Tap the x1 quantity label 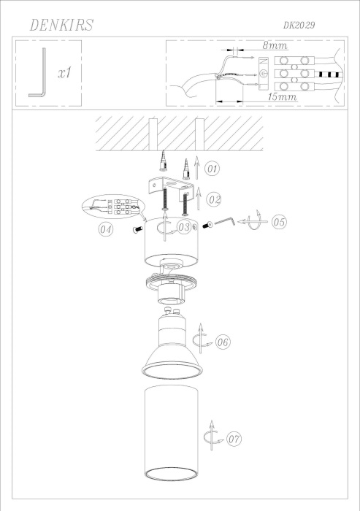(64, 73)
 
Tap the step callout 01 (211, 170)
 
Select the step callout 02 (212, 198)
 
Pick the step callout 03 (185, 228)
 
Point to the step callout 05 (278, 223)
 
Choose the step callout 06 (223, 341)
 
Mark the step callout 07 (234, 439)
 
